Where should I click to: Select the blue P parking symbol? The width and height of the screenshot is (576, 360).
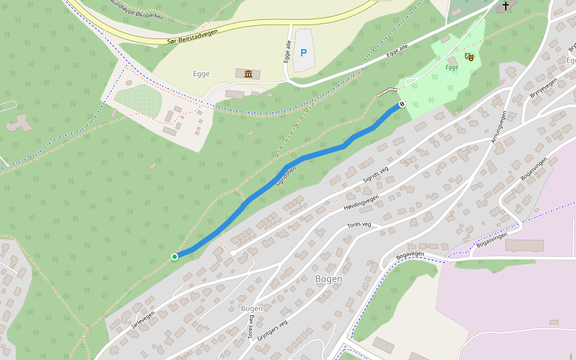(x=304, y=53)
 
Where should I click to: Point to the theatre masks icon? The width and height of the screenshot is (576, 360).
(x=469, y=57)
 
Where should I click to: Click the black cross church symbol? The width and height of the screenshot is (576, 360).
(x=506, y=6)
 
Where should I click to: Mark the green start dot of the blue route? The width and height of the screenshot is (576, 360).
(x=175, y=257)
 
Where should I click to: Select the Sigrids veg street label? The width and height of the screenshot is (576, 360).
(x=376, y=174)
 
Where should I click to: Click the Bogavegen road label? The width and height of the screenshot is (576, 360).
(x=410, y=254)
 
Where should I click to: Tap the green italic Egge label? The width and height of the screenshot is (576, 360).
(x=452, y=67)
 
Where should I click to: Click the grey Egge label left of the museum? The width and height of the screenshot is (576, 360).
(x=201, y=74)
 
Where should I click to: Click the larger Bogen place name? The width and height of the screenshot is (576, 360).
(x=329, y=279)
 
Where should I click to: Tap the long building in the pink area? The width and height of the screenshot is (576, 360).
(x=524, y=245)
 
